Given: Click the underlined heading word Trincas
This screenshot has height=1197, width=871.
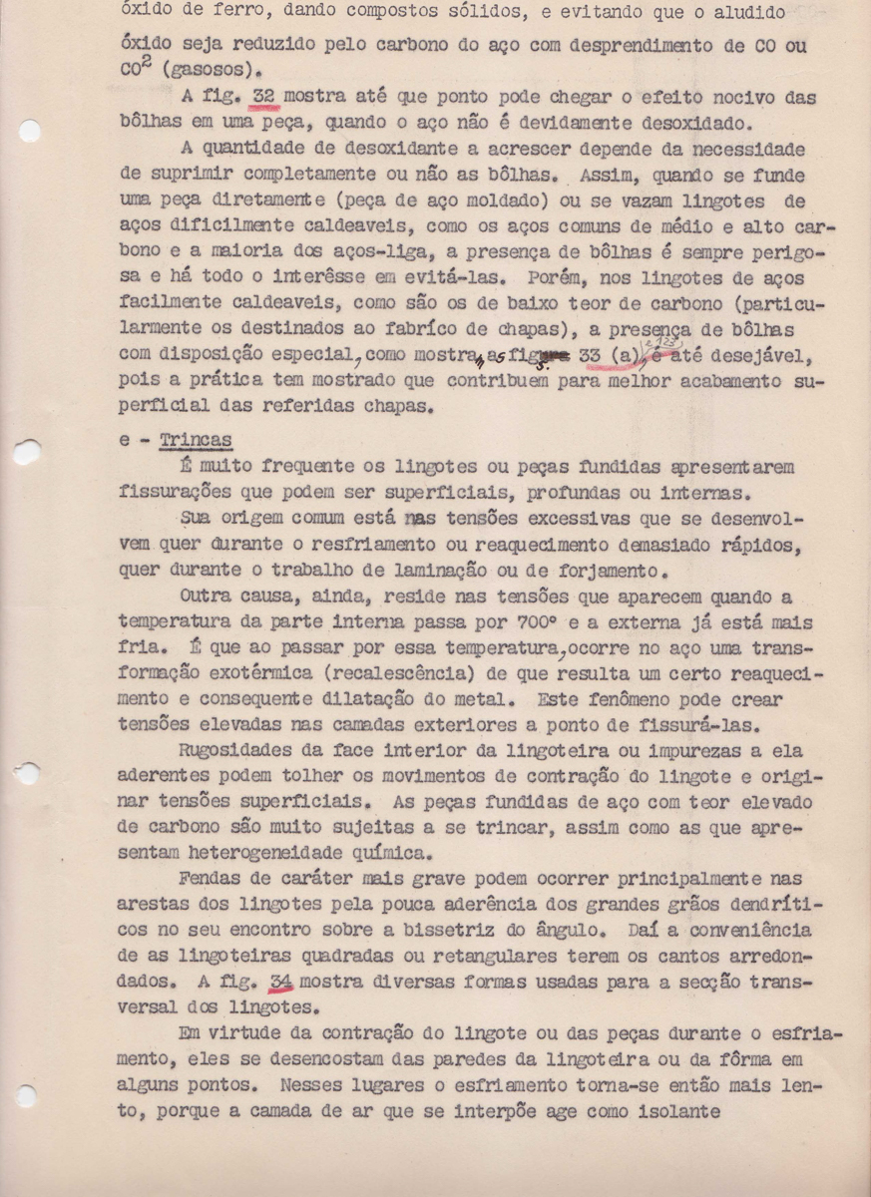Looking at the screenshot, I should coord(196,441).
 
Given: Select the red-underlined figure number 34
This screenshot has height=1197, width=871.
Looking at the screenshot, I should coord(280,981).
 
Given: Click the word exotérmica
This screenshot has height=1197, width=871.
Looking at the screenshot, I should coord(232,674).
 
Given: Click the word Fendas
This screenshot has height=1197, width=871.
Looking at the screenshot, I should coord(213,878).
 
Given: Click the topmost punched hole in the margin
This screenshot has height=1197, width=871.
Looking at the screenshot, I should coord(30,131).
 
